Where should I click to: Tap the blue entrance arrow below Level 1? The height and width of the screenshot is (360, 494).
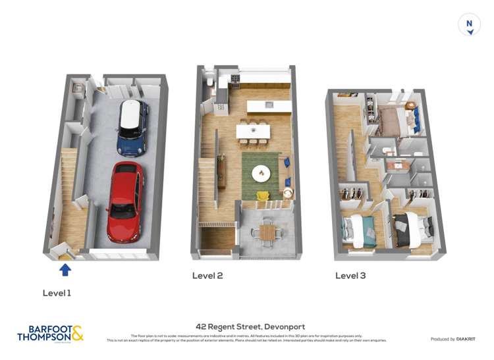click(65, 269)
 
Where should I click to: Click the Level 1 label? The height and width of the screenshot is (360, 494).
click(57, 293)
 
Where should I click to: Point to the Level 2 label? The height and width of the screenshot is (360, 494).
click(207, 276)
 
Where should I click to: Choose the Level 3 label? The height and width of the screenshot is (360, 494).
click(350, 276)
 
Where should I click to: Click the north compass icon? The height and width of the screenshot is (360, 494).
click(469, 25)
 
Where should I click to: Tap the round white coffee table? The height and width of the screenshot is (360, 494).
click(261, 172)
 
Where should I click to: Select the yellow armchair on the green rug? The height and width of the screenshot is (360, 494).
click(263, 195)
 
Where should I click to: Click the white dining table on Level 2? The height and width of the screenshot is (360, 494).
click(254, 131)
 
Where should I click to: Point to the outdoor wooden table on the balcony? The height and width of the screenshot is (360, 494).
click(267, 232)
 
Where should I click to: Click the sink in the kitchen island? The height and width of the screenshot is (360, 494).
click(269, 105)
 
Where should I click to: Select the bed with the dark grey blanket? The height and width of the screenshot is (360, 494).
click(412, 230)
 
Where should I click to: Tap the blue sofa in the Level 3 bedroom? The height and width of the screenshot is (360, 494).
click(416, 119)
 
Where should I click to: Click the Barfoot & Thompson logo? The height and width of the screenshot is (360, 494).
click(50, 334)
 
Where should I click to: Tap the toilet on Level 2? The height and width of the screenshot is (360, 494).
click(208, 82)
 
